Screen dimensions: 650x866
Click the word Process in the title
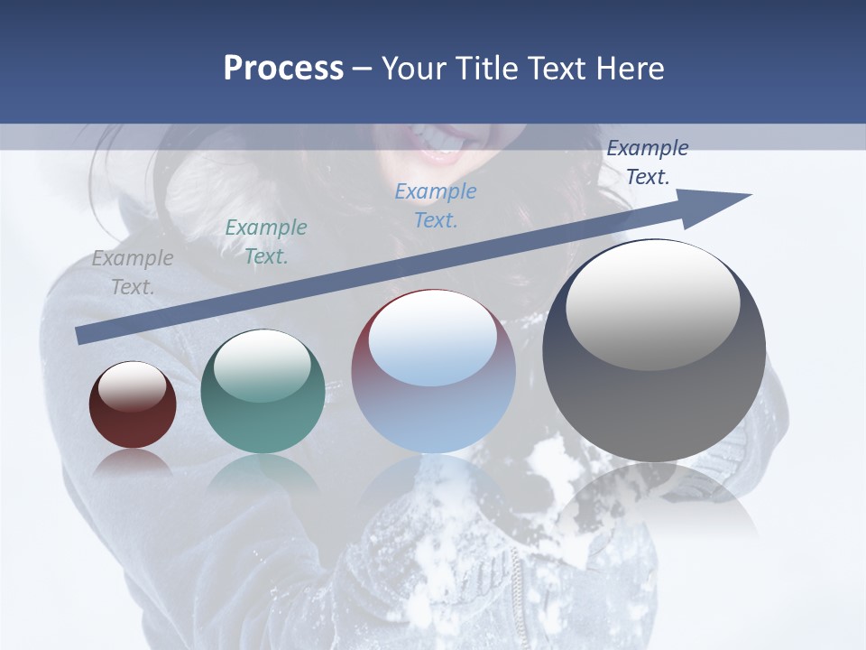(283, 69)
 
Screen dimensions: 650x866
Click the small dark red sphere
(133, 405)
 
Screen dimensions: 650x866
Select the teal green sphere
(263, 392)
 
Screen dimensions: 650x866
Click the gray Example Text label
(133, 272)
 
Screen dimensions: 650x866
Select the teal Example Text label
(266, 241)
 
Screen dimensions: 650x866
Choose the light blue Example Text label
(436, 205)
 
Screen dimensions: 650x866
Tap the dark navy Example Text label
(648, 162)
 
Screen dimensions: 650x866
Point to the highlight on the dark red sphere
(133, 386)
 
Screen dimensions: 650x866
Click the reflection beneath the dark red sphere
(132, 461)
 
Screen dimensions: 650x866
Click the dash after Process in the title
(363, 69)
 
